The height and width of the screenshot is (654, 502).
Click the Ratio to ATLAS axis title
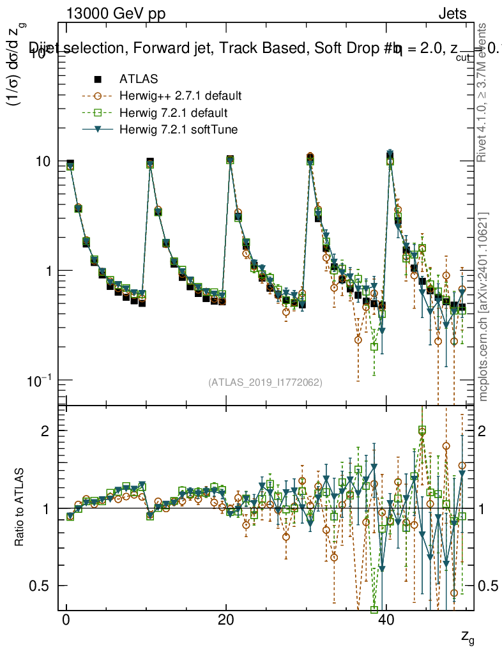(20, 508)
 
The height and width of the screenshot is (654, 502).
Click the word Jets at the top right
(452, 14)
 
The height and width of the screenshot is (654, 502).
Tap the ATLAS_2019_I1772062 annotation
(265, 383)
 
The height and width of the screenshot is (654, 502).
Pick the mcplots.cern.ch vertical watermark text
(483, 307)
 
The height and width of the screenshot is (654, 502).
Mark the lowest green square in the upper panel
(374, 347)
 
